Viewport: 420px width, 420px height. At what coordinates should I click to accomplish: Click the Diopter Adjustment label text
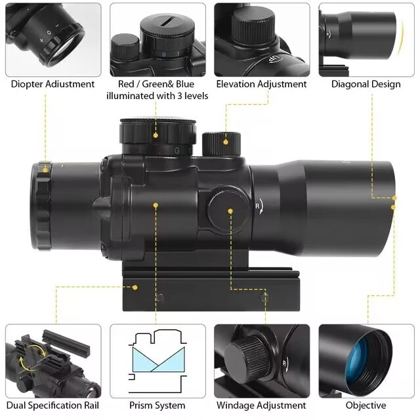tap(52, 84)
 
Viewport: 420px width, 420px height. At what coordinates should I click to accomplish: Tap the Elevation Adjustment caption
tap(261, 84)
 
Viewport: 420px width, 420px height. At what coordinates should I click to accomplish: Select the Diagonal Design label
tap(366, 84)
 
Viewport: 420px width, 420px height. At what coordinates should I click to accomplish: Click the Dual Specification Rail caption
tap(52, 406)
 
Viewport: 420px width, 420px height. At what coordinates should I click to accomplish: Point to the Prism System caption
tap(157, 406)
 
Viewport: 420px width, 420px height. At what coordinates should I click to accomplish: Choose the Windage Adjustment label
tap(261, 406)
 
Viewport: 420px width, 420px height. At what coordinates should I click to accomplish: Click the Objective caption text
tap(366, 406)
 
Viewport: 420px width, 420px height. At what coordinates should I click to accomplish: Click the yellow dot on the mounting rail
tap(135, 287)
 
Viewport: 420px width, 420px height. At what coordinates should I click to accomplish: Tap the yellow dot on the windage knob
tap(231, 211)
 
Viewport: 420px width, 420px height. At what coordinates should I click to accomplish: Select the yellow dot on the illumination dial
tap(156, 136)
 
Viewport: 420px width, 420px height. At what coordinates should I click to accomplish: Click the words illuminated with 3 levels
tap(157, 96)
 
